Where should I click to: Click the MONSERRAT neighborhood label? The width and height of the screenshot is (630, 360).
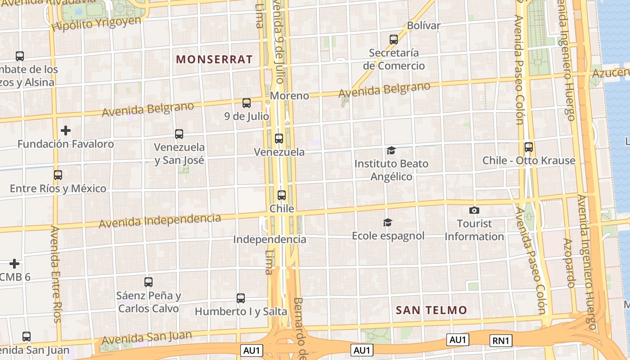pyautogui.click(x=214, y=59)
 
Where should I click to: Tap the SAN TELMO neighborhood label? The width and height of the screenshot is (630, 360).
pyautogui.click(x=431, y=310)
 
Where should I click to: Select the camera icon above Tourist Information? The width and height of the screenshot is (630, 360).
pyautogui.click(x=474, y=210)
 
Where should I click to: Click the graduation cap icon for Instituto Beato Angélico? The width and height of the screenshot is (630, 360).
pyautogui.click(x=391, y=150)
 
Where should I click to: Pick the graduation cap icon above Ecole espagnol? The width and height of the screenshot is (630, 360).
pyautogui.click(x=387, y=222)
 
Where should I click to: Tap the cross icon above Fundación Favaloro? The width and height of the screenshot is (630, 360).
pyautogui.click(x=66, y=130)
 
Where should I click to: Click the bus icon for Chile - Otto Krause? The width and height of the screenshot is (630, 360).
pyautogui.click(x=529, y=147)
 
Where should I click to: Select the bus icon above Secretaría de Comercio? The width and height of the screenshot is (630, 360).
pyautogui.click(x=394, y=40)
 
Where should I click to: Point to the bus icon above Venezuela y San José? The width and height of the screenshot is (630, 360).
pyautogui.click(x=179, y=134)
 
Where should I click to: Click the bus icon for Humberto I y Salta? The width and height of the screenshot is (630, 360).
pyautogui.click(x=241, y=298)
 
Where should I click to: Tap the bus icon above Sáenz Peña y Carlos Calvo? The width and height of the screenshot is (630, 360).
pyautogui.click(x=148, y=282)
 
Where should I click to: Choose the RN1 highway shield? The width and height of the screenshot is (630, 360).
pyautogui.click(x=500, y=341)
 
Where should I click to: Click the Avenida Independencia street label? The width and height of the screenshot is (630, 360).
pyautogui.click(x=160, y=221)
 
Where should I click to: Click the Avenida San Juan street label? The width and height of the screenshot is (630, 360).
pyautogui.click(x=147, y=337)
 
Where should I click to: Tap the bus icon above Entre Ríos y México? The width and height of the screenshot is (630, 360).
pyautogui.click(x=58, y=175)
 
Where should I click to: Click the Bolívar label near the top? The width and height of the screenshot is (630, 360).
pyautogui.click(x=423, y=26)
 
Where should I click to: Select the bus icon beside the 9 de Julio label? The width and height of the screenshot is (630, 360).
pyautogui.click(x=247, y=103)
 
